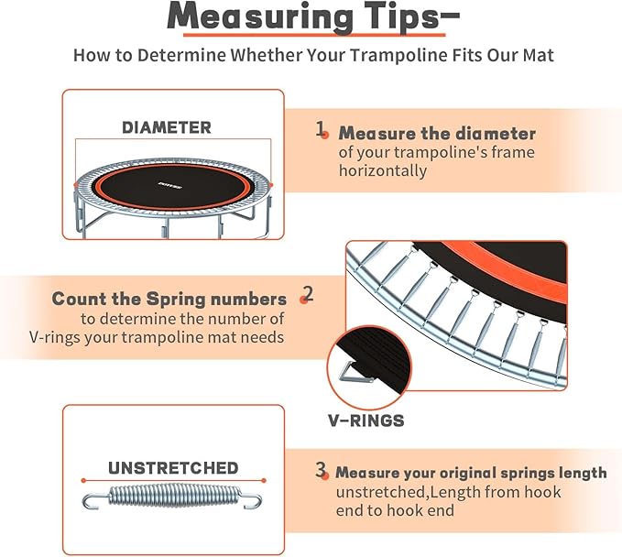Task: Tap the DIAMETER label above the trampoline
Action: [x=167, y=127]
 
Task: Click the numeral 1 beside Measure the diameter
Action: [x=321, y=130]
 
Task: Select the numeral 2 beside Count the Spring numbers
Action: [x=308, y=294]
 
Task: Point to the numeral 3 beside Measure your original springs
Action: [x=321, y=471]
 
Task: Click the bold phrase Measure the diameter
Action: [x=437, y=134]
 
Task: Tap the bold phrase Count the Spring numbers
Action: [x=169, y=299]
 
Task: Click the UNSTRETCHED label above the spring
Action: [x=173, y=468]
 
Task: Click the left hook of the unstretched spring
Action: [x=92, y=501]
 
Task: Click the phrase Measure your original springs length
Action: [x=471, y=473]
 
